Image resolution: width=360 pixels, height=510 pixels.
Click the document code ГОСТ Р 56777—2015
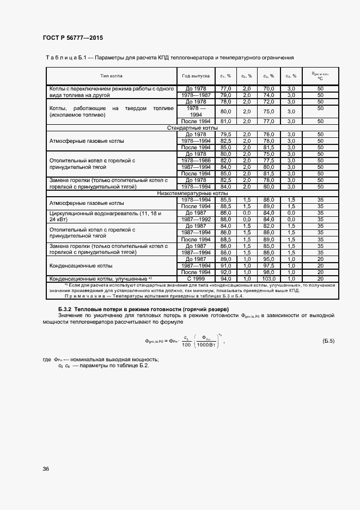(x=72, y=38)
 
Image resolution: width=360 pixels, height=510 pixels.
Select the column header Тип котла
(x=112, y=76)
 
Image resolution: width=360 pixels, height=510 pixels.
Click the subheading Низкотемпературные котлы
(x=185, y=193)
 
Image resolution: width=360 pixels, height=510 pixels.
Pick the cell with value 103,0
(x=268, y=278)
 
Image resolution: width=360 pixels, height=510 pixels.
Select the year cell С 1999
(x=196, y=278)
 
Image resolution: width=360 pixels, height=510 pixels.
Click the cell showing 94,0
(x=226, y=278)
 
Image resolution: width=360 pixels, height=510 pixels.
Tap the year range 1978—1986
(x=196, y=161)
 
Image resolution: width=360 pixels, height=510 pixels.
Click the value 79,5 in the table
(x=226, y=134)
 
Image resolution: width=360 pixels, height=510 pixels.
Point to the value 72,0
(x=268, y=101)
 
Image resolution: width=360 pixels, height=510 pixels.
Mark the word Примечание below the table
(x=83, y=296)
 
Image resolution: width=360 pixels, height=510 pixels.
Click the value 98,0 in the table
(x=268, y=272)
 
